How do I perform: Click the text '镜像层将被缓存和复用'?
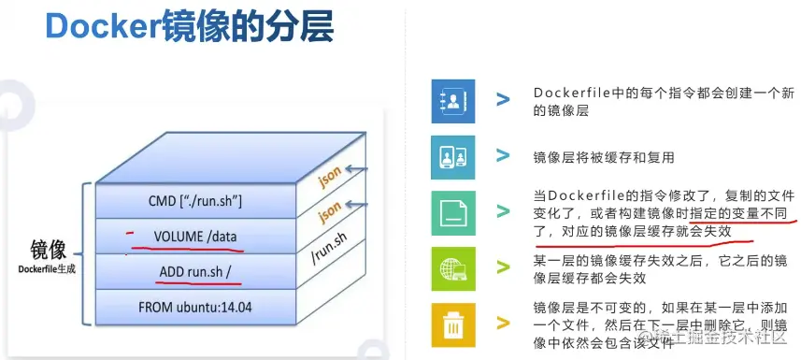pyautogui.click(x=604, y=157)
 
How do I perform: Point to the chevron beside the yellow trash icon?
pyautogui.click(x=504, y=324)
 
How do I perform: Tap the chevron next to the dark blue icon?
pyautogui.click(x=504, y=99)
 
